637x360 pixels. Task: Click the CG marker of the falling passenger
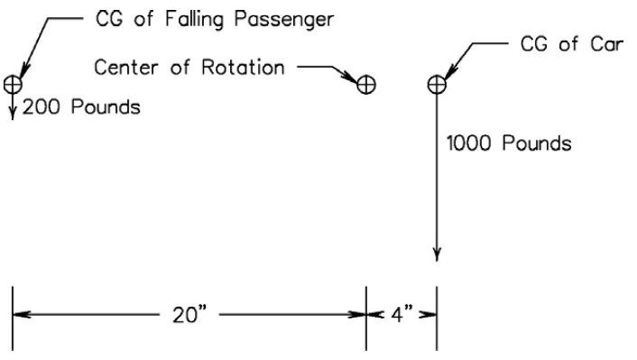pos(13,84)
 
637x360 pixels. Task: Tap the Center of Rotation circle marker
pos(366,85)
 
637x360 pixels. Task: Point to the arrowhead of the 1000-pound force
pos(437,254)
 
